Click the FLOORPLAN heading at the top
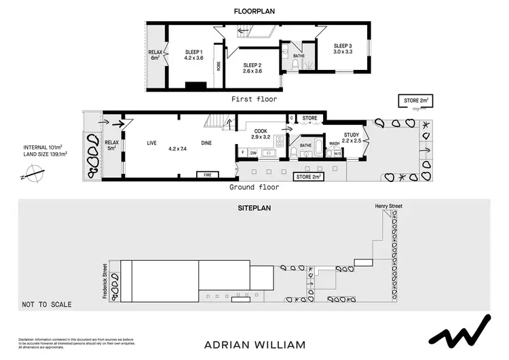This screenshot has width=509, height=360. (254, 12)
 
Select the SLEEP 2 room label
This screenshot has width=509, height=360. (252, 67)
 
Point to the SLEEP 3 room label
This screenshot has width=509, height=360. (343, 50)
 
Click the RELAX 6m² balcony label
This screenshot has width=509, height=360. (155, 54)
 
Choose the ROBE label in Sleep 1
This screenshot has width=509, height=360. (219, 66)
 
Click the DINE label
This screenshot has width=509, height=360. (208, 143)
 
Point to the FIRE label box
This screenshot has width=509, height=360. (208, 175)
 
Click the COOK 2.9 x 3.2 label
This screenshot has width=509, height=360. (261, 134)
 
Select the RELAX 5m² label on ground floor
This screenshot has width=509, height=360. (111, 145)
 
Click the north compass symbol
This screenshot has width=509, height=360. (31, 176)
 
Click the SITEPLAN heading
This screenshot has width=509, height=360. (254, 208)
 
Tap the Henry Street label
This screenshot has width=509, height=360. (390, 205)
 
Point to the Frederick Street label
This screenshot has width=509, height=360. (104, 281)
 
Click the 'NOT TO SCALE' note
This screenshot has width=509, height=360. (46, 304)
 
